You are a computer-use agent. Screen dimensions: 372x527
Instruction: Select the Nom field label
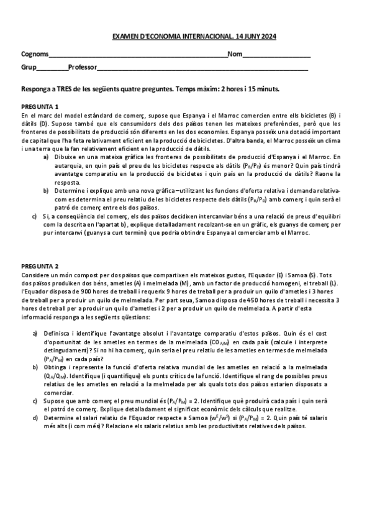pyautogui.click(x=235, y=55)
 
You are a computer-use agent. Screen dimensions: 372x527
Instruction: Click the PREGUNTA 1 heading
pyautogui.click(x=40, y=106)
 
